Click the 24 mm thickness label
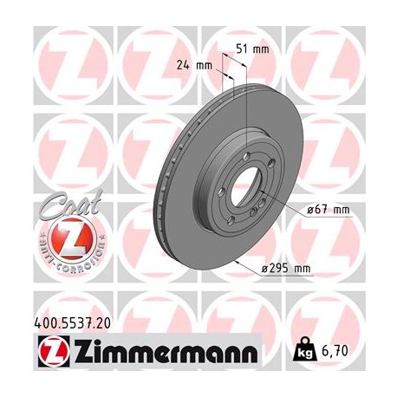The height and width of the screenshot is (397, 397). click(x=205, y=64)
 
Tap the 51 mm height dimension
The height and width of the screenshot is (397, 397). click(x=258, y=49)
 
